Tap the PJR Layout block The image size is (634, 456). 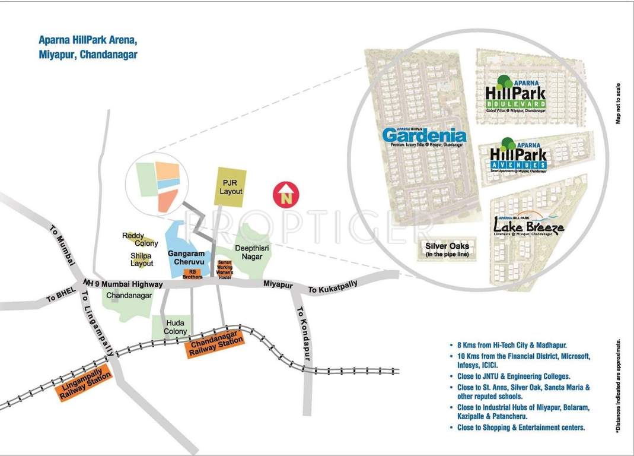231,187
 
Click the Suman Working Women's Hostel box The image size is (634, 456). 224,270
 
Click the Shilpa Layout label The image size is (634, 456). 142,259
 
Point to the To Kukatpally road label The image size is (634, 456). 333,287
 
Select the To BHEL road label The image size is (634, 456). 59,296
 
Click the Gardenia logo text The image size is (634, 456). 424,137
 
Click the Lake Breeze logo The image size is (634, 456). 528,225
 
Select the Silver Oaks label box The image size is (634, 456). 447,250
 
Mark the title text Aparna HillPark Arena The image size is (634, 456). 88,41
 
